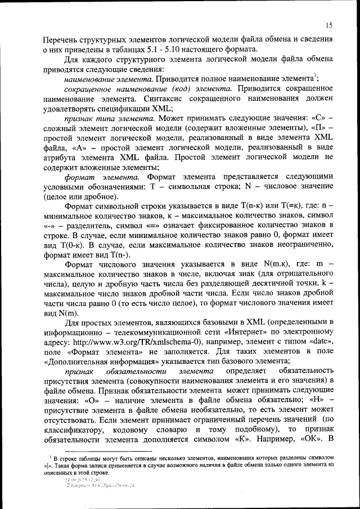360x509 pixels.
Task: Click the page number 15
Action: (328, 24)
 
